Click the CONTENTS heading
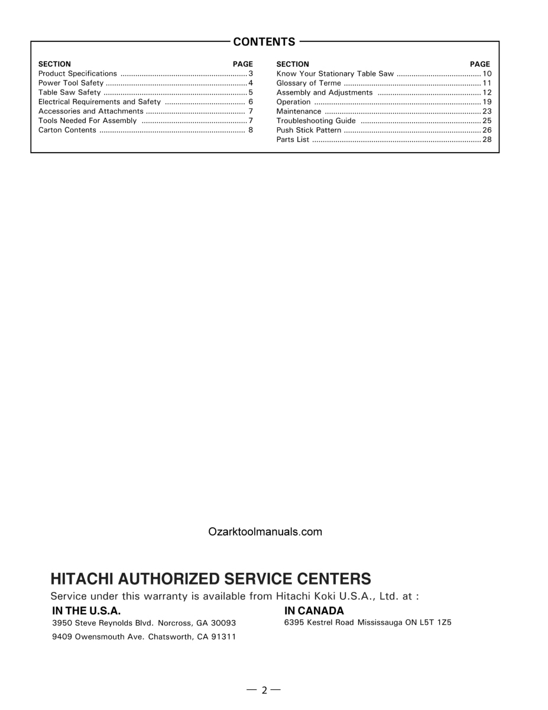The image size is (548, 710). (264, 42)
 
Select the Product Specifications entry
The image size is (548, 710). (77, 74)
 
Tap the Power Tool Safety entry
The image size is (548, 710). (70, 83)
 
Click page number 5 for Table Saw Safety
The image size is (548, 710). (251, 93)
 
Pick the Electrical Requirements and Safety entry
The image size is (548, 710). (99, 102)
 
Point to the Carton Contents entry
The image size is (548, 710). (67, 130)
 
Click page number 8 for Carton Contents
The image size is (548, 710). (251, 130)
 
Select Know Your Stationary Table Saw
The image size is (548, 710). (335, 74)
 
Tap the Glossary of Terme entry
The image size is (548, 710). (309, 83)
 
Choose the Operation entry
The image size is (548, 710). (293, 102)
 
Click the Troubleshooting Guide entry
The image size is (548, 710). (316, 121)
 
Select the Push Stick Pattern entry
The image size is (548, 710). (309, 130)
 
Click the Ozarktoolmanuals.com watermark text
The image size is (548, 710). (265, 532)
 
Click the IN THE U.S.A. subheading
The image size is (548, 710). (86, 611)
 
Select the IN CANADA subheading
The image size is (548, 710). (314, 611)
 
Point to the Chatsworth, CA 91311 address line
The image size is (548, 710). (144, 637)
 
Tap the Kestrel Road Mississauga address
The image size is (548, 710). (368, 623)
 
